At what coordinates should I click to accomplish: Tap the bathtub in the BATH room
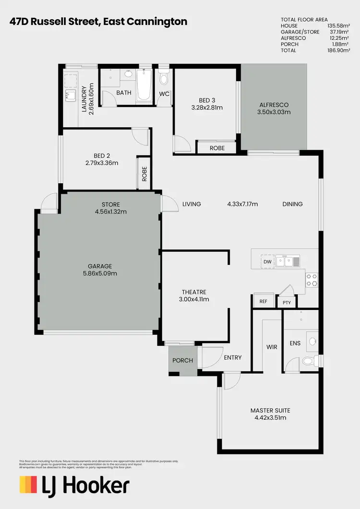[x=144, y=86]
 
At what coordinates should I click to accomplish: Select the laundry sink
[x=70, y=95]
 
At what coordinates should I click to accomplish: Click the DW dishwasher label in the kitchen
[x=267, y=261]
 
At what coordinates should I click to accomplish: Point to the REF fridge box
[x=263, y=302]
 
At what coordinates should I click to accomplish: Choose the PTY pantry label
[x=287, y=302]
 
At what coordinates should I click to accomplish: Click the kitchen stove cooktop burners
[x=312, y=279]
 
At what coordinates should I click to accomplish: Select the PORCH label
[x=182, y=360]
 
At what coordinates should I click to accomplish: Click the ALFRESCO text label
[x=274, y=105]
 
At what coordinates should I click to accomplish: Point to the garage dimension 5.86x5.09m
[x=99, y=273]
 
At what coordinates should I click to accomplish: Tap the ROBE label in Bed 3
[x=217, y=148]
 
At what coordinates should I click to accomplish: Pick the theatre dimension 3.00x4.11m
[x=194, y=299]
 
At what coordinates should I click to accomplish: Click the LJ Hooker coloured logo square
[x=28, y=485]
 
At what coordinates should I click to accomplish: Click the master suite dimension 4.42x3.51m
[x=270, y=418]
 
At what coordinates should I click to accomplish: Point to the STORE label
[x=111, y=204]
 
